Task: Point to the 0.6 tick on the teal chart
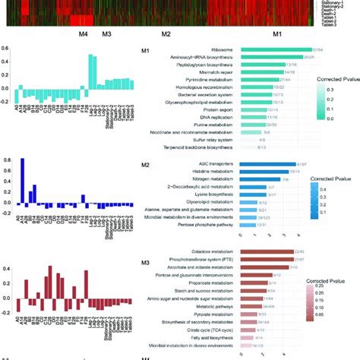[x=5, y=49]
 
